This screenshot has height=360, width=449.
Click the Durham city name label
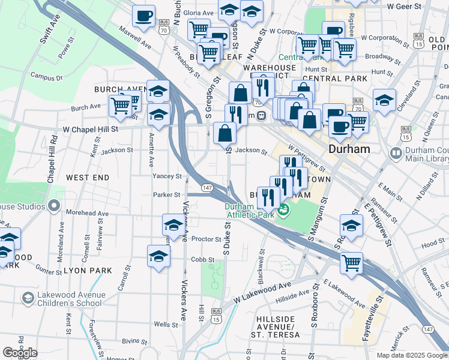(349, 148)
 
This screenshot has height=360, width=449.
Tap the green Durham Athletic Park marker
(284, 210)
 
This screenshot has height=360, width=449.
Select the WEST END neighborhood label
(88, 178)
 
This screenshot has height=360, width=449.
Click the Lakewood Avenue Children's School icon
(28, 298)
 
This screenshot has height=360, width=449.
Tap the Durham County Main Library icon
(396, 154)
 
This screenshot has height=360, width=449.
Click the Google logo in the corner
(20, 353)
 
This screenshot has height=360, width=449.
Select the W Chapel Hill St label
(91, 129)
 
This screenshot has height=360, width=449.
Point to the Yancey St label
(167, 176)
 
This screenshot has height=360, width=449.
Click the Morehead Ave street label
(87, 213)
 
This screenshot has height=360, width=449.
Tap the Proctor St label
(206, 239)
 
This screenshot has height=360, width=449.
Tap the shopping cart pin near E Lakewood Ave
(351, 262)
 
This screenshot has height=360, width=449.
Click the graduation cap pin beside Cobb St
(158, 254)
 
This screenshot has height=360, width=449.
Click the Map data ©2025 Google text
(411, 355)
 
